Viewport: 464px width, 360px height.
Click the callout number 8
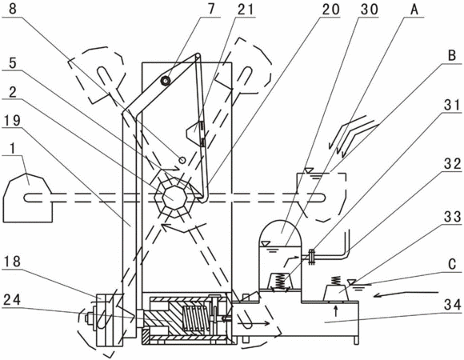[13, 8]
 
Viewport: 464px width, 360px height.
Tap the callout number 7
[210, 8]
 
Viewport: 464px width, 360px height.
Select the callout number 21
[246, 9]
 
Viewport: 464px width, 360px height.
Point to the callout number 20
[331, 9]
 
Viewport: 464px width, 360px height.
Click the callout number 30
[370, 9]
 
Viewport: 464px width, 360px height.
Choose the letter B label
[452, 55]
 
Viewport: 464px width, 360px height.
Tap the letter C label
[452, 264]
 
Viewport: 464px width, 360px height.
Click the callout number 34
[453, 305]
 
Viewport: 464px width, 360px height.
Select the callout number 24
[12, 299]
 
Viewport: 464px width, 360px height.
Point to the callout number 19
[11, 120]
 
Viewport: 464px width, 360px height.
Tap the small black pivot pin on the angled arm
[165, 80]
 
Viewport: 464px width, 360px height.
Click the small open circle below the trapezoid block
[182, 160]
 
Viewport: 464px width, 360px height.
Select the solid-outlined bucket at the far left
[27, 198]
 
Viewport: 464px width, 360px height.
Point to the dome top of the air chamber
[280, 230]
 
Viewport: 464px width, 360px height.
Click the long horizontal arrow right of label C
[406, 294]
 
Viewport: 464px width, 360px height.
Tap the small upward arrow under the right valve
[335, 311]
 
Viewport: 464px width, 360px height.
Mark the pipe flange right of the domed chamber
[311, 257]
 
